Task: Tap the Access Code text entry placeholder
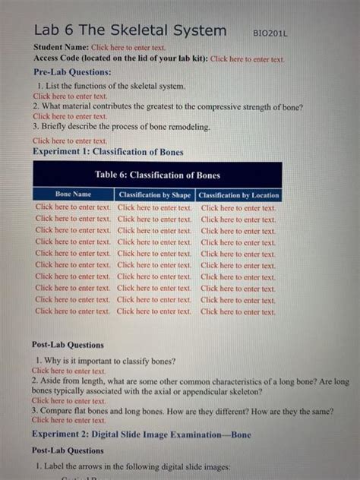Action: tap(247, 58)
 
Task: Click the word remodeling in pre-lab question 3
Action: tap(186, 127)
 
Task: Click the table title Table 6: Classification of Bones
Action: tap(157, 175)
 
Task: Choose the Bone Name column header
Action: tap(73, 195)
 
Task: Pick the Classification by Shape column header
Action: tap(155, 195)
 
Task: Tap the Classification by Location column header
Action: tap(238, 195)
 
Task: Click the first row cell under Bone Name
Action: tap(73, 207)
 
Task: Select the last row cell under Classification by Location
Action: tap(238, 311)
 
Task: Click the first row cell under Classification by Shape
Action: tap(155, 207)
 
